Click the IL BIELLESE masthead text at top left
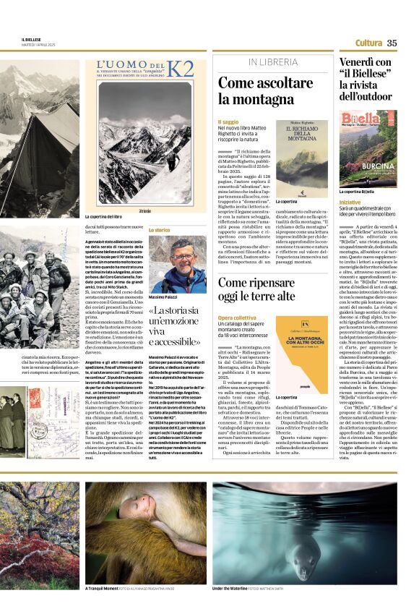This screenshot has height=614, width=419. coord(31,40)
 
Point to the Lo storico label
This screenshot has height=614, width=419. coord(159,230)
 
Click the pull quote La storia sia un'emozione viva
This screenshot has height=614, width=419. coord(176,325)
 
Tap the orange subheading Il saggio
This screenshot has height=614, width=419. coord(228,122)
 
